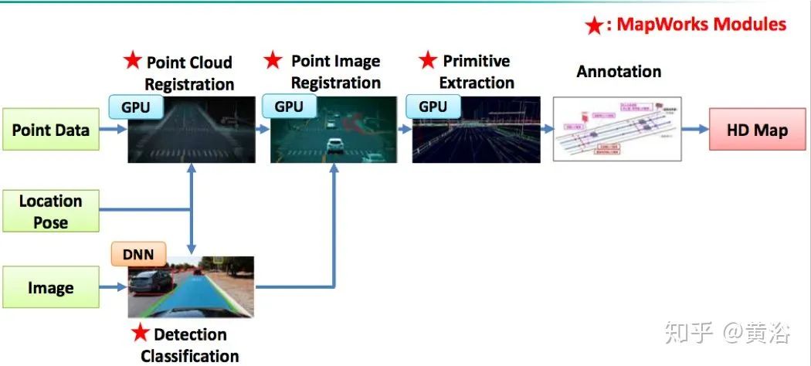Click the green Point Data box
pyautogui.click(x=50, y=130)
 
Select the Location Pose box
pyautogui.click(x=50, y=212)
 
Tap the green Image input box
pyautogui.click(x=50, y=288)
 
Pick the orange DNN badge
pyautogui.click(x=138, y=254)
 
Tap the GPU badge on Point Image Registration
pyautogui.click(x=290, y=107)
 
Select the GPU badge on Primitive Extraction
pyautogui.click(x=432, y=107)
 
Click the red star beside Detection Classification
pyautogui.click(x=140, y=334)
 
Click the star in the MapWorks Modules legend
pyautogui.click(x=593, y=26)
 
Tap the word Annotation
pyautogui.click(x=619, y=72)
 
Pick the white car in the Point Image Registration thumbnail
pyautogui.click(x=334, y=144)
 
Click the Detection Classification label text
pyautogui.click(x=189, y=344)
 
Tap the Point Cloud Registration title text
pyautogui.click(x=188, y=73)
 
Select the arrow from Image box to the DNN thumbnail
pyautogui.click(x=114, y=288)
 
